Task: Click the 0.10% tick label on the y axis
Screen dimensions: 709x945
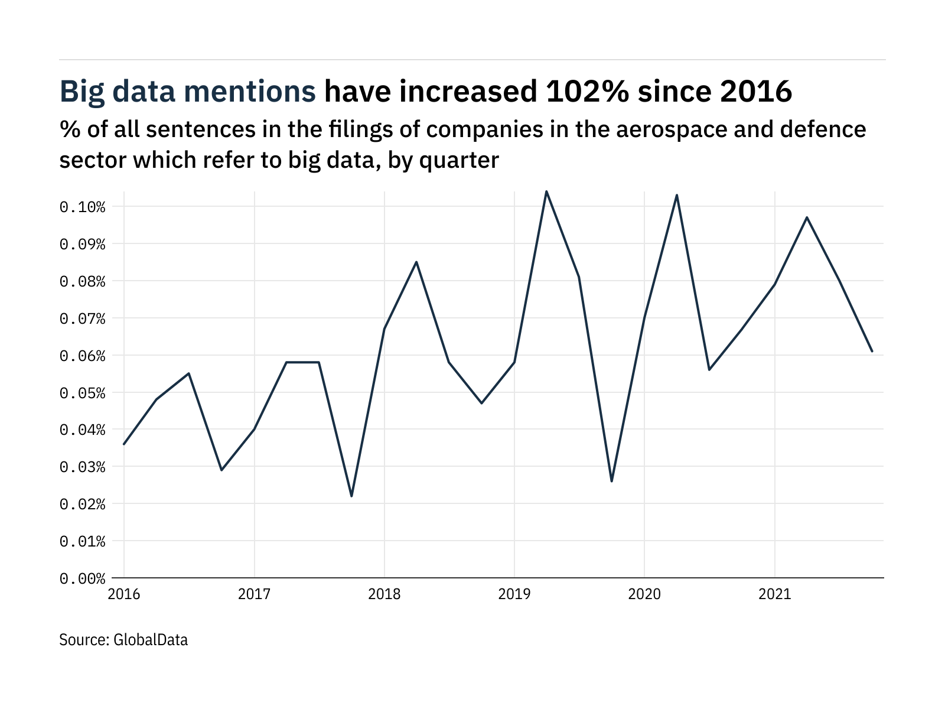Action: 82,207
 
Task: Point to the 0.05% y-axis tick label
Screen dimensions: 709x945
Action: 82,393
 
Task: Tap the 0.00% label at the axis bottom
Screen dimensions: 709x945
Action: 82,578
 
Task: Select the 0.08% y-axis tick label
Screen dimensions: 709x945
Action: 82,281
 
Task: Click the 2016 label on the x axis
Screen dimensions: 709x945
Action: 124,594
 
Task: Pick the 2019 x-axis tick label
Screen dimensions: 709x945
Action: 514,594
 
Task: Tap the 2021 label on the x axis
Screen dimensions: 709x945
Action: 774,594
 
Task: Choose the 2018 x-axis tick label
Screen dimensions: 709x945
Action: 384,594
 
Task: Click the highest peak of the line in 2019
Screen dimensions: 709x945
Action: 546,191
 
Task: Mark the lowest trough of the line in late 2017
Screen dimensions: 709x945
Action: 351,496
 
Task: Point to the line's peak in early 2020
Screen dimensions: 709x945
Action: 677,195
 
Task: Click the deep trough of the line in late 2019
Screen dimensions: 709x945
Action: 611,481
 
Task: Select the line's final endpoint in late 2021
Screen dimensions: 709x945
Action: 872,351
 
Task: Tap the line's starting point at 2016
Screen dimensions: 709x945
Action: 124,444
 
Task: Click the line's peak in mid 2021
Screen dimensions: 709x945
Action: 807,217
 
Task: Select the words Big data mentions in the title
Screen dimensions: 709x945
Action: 188,92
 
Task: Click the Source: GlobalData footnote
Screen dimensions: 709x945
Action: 123,640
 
